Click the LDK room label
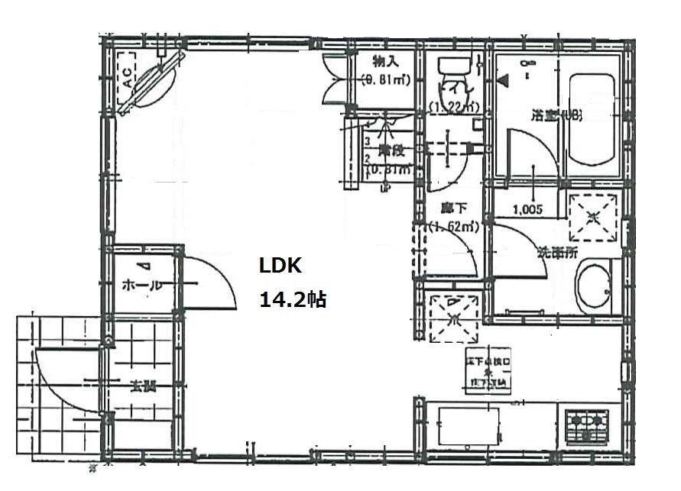point(282,266)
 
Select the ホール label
point(141,286)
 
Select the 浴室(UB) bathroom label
point(558,116)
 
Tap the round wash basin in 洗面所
point(594,289)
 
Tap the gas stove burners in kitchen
point(585,425)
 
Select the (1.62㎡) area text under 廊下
point(453,226)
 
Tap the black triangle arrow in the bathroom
point(502,79)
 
